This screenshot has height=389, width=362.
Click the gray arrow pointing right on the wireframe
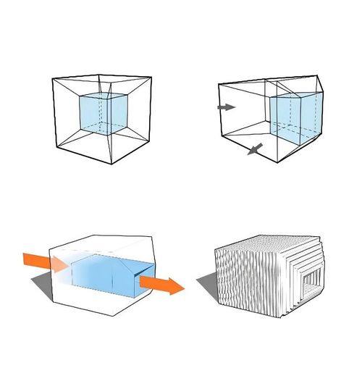point(226,107)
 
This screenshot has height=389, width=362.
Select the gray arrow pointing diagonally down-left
point(253,149)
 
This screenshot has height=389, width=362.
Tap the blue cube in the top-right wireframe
point(294,116)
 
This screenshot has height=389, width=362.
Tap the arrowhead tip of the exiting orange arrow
point(184,288)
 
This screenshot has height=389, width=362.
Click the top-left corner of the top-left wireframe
point(52,78)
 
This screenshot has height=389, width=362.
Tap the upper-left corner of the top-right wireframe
point(219,84)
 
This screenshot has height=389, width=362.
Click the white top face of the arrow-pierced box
point(101,245)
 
